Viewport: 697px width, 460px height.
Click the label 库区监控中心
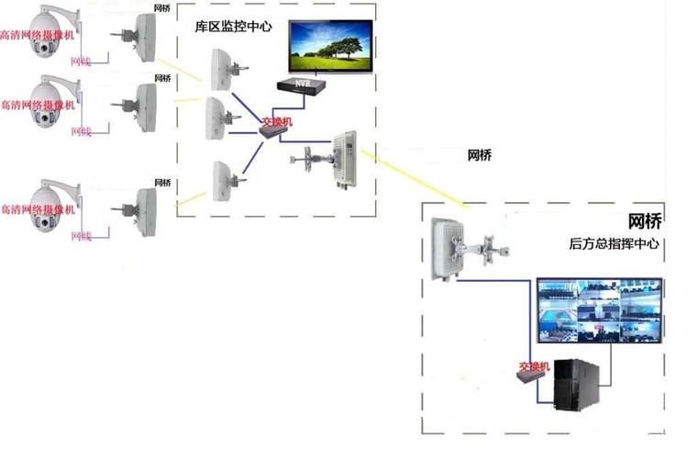[234, 28]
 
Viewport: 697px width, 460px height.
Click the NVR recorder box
[303, 84]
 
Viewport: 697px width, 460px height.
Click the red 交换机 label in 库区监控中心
[274, 120]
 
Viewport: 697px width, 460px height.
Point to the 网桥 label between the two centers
[479, 154]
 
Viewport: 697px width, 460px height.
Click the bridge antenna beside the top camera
[145, 37]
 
